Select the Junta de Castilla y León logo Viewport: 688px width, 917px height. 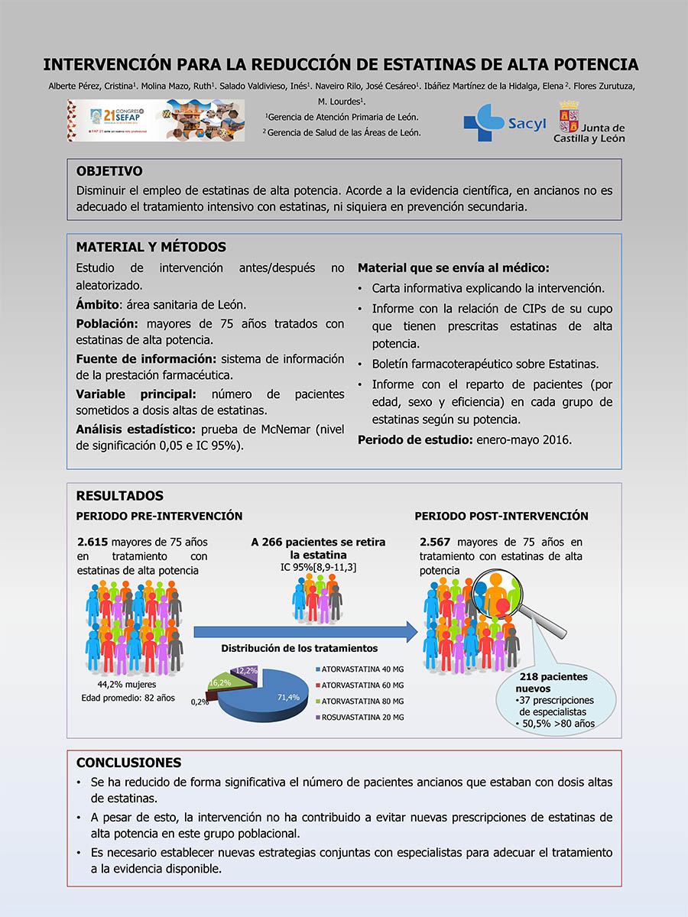coord(591,122)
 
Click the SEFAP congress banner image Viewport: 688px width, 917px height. coord(157,121)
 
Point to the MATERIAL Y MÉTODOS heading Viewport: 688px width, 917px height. coord(151,247)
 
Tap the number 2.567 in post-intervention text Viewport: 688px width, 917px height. coord(438,543)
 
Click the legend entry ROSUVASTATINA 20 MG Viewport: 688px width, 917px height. coord(362,717)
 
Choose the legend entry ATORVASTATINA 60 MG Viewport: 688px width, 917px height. coord(362,685)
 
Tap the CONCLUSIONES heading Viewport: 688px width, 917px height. coord(129,763)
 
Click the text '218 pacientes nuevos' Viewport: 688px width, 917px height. coord(553,682)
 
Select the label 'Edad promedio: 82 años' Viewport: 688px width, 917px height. coord(128,698)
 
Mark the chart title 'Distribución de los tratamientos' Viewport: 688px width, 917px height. coord(300,648)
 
